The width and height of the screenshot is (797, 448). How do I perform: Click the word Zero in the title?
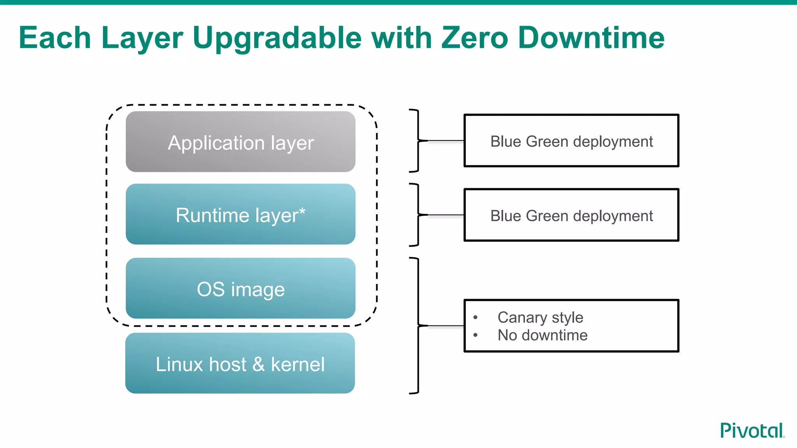[474, 38]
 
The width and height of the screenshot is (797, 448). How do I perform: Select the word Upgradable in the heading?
[277, 38]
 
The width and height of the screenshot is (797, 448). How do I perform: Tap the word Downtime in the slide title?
[591, 38]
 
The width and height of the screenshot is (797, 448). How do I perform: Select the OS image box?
[241, 289]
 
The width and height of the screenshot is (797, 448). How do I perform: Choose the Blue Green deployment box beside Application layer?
[571, 141]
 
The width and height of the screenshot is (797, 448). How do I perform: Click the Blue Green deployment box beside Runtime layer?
[571, 215]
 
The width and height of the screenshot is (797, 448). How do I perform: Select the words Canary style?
[540, 318]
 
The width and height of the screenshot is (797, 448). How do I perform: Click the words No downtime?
[542, 335]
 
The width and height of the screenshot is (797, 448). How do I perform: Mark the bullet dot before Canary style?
[476, 317]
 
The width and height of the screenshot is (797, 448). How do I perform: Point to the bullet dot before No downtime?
[476, 335]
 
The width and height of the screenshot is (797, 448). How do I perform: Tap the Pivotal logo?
[752, 430]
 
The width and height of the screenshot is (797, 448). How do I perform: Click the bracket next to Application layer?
[418, 141]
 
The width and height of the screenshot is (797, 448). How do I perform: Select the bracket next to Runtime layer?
[418, 215]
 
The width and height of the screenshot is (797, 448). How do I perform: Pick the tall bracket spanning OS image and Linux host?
[418, 326]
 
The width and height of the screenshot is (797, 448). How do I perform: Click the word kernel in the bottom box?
[298, 365]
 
